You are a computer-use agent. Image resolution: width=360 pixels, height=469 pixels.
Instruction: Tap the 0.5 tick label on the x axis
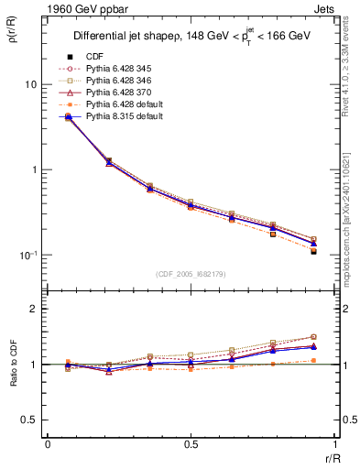click(191, 444)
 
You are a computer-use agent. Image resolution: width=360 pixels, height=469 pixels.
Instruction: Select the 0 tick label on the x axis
click(47, 444)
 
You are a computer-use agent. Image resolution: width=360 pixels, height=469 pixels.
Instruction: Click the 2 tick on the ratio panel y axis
click(32, 310)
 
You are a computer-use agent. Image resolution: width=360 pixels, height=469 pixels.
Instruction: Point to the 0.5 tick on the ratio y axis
click(27, 420)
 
